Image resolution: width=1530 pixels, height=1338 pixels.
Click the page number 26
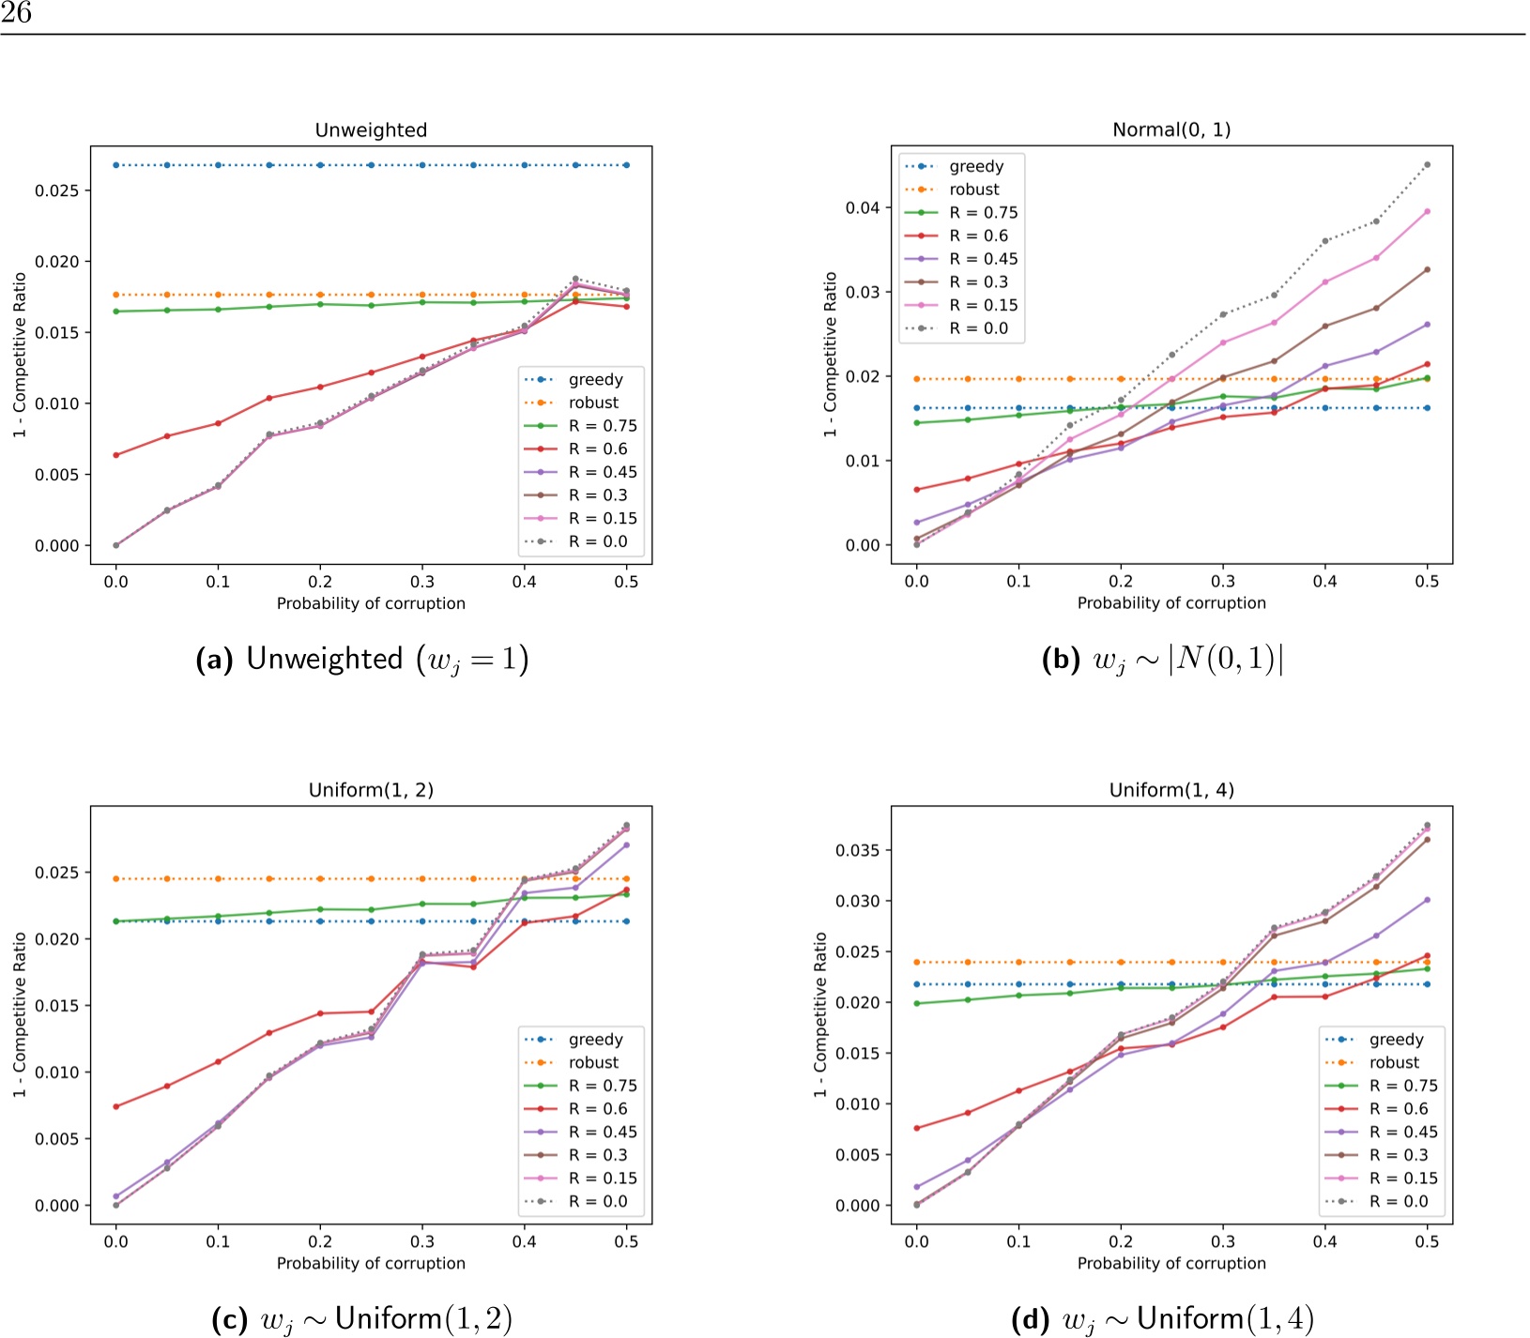pyautogui.click(x=16, y=12)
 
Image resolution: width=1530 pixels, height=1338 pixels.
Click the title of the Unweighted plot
pyautogui.click(x=371, y=130)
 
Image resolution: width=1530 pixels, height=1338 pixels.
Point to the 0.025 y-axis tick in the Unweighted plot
pyautogui.click(x=63, y=190)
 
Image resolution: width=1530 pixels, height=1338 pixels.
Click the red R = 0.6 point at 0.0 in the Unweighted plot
pyautogui.click(x=116, y=455)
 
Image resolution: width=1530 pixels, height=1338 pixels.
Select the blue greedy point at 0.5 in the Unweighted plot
pyautogui.click(x=626, y=165)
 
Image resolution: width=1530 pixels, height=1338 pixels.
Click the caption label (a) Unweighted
pyautogui.click(x=361, y=660)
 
